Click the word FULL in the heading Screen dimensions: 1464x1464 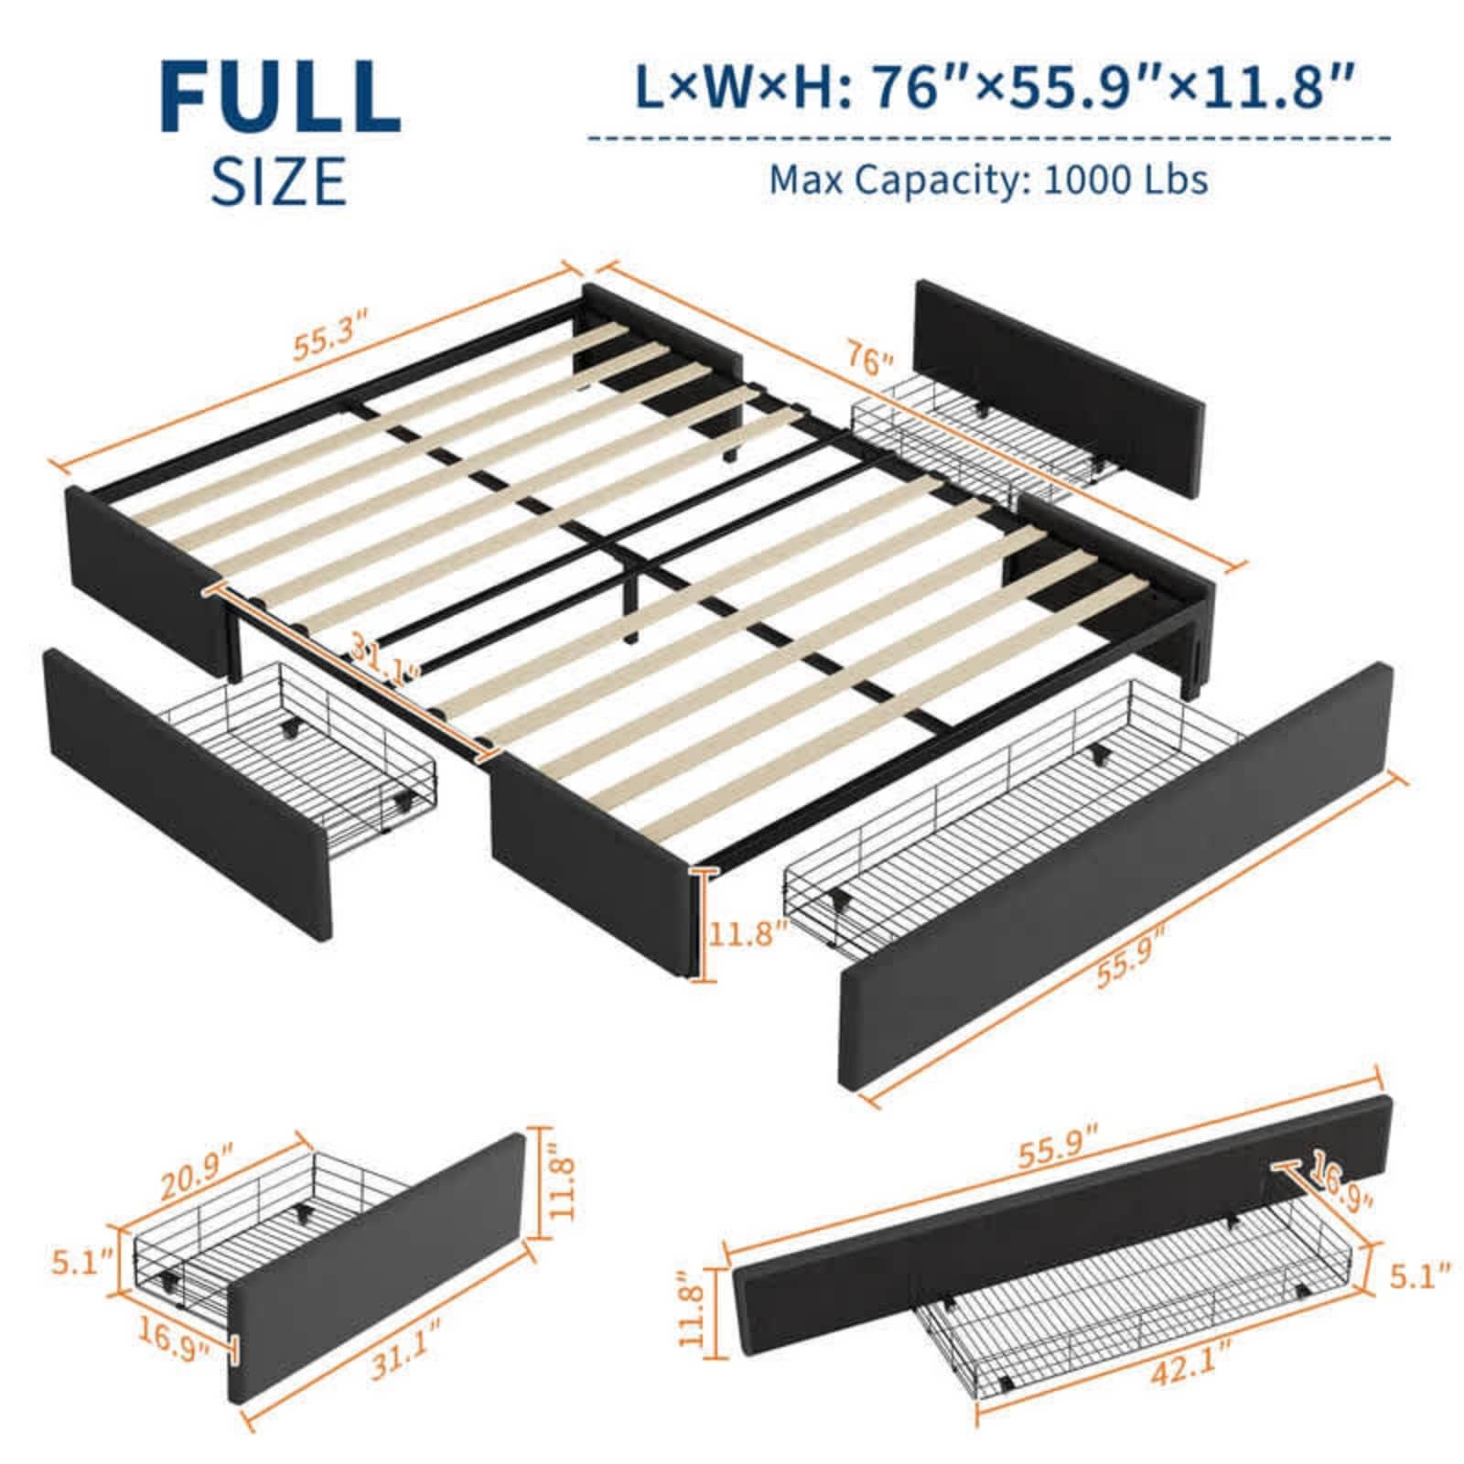(281, 97)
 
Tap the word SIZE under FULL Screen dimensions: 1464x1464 (280, 181)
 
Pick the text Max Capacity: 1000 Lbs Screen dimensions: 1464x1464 (988, 179)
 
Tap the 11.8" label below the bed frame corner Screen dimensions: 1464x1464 (748, 935)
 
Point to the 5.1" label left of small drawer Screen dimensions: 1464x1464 (81, 1267)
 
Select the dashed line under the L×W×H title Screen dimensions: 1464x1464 (988, 139)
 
